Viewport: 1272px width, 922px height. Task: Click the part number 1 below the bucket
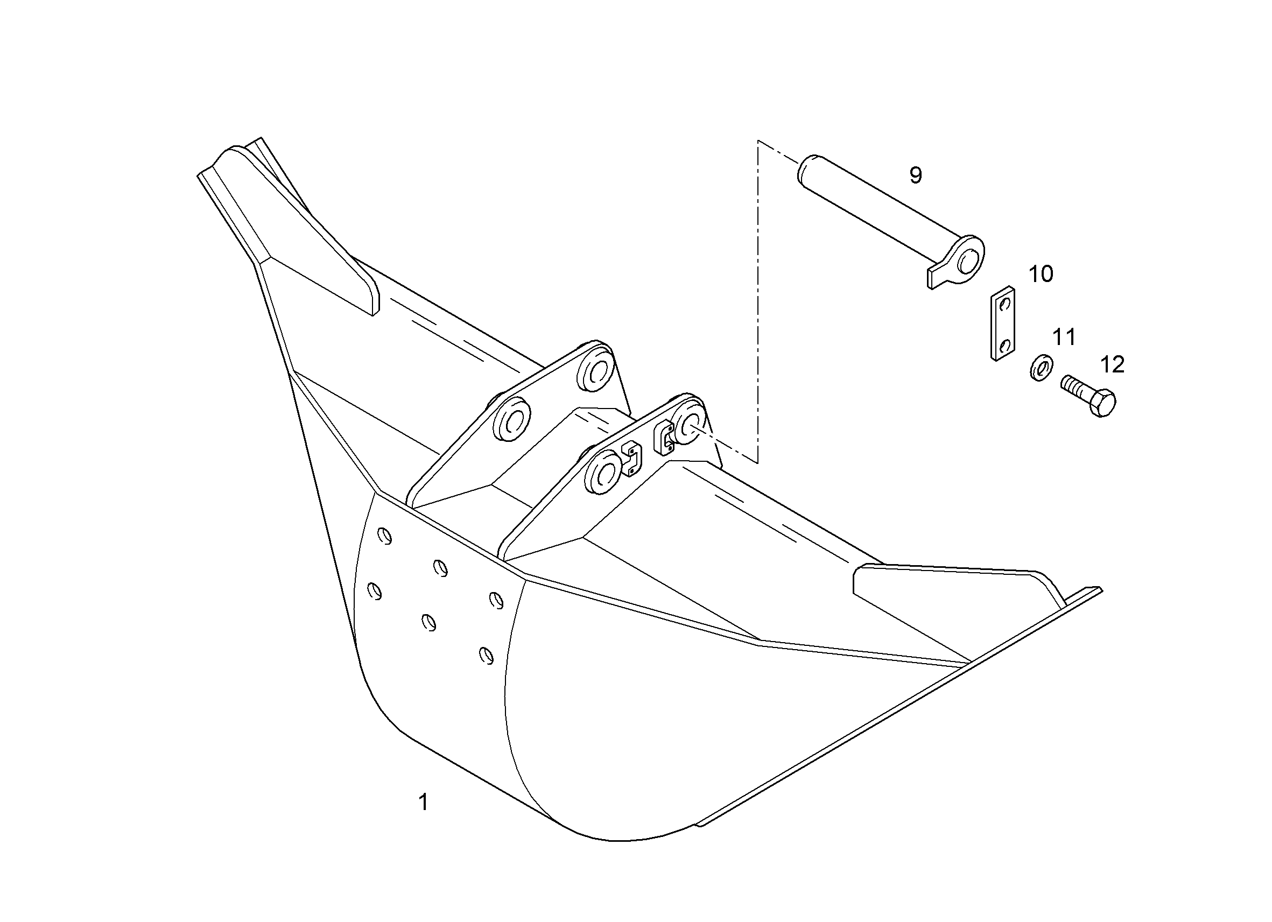click(x=424, y=802)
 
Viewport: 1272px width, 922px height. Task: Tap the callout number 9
click(x=915, y=175)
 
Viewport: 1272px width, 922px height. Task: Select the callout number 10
click(x=1041, y=275)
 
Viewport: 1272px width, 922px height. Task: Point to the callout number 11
click(x=1064, y=337)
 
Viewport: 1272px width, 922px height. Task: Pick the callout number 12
click(x=1113, y=365)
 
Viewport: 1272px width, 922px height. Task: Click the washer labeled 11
click(x=1042, y=368)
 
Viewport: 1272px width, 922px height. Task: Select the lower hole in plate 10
click(x=1005, y=344)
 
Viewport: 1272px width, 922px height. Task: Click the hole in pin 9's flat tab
click(x=968, y=259)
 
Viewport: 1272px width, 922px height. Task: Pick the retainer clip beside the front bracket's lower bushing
click(x=631, y=459)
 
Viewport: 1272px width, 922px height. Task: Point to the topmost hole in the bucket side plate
click(x=385, y=536)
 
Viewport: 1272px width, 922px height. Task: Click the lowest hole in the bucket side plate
click(x=486, y=655)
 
